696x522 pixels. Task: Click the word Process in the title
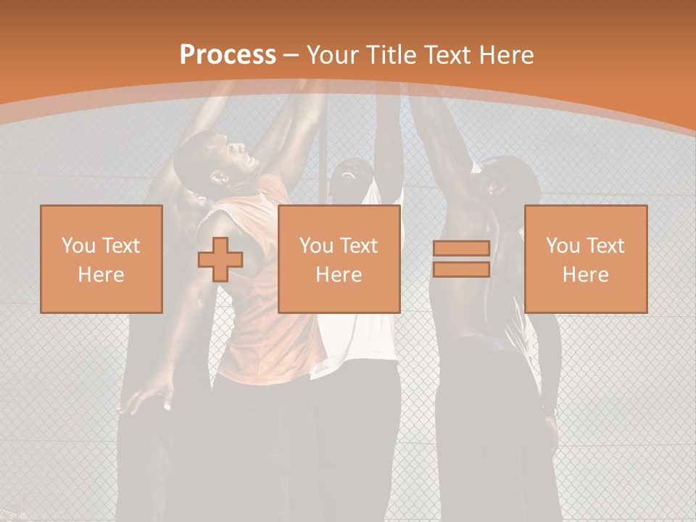pos(228,55)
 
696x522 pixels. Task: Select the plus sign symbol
pos(220,260)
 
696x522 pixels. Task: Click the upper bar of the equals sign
pos(461,249)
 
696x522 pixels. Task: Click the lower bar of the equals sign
pos(461,270)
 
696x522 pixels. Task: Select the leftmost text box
pos(101,259)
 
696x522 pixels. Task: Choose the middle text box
pos(339,259)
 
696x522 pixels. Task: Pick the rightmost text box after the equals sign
pos(586,259)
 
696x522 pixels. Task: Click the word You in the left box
pos(78,246)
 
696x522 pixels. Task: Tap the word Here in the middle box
pos(339,275)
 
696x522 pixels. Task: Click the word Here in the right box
pos(586,275)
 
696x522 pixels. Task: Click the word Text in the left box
pos(121,246)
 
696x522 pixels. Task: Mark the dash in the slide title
pos(291,55)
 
